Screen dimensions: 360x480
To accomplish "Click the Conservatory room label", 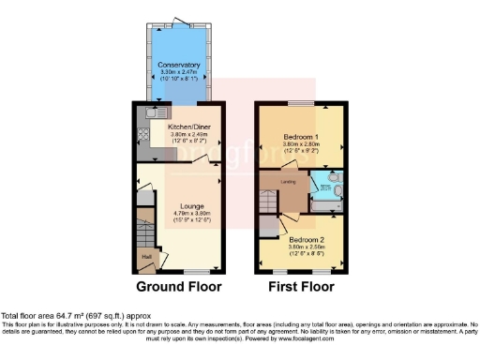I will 179,65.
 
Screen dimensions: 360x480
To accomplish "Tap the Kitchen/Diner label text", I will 187,126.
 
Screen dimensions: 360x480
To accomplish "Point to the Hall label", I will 146,256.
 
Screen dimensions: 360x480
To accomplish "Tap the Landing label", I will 290,182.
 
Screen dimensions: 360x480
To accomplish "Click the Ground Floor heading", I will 180,287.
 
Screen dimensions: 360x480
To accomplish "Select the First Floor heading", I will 301,287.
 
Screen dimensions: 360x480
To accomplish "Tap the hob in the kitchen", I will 145,134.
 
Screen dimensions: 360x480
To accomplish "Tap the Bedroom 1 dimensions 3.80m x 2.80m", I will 301,145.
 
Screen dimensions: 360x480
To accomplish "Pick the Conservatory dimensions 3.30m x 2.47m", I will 179,72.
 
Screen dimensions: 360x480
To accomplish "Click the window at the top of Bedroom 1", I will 301,102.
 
